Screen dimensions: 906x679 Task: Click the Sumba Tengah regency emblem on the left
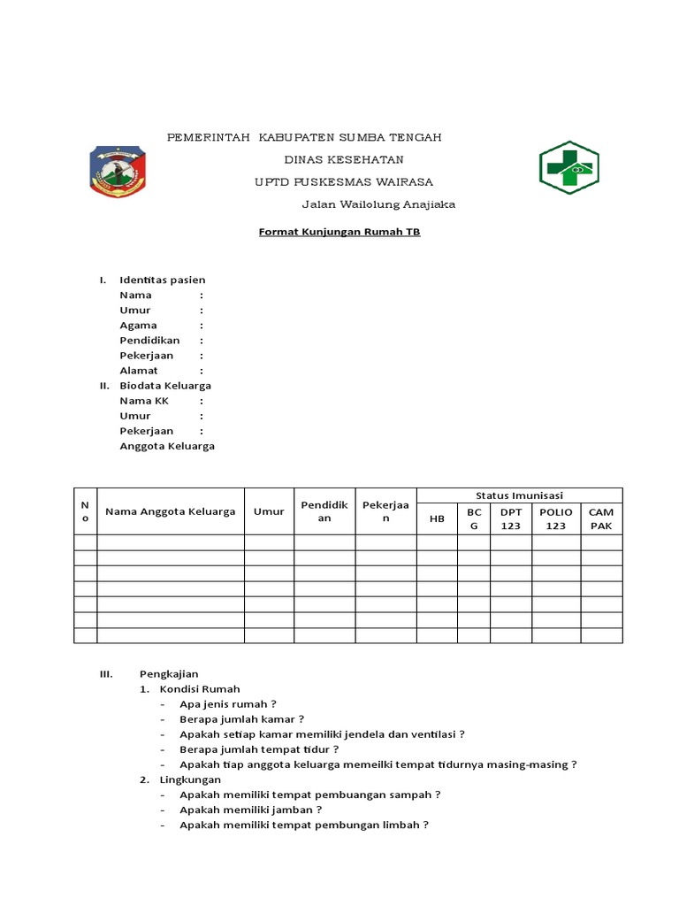pos(118,171)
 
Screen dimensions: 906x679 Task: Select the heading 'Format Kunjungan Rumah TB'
pos(339,233)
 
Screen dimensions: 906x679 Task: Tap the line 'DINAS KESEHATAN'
pos(343,159)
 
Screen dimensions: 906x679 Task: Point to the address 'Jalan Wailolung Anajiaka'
pos(378,204)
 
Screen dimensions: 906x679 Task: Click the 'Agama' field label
pos(139,325)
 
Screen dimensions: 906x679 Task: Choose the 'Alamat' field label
pos(139,371)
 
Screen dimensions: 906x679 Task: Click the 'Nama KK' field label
pos(144,401)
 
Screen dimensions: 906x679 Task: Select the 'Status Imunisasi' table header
pos(519,495)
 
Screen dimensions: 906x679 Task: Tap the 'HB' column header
pos(437,519)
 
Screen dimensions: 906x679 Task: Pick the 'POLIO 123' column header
pos(555,518)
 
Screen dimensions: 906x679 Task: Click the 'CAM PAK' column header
pos(601,518)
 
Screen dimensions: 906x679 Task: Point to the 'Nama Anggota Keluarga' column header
pos(170,511)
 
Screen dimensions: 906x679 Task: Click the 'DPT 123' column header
pos(511,518)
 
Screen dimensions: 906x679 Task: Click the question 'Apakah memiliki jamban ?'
pos(250,810)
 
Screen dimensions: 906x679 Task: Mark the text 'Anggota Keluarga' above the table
pos(167,446)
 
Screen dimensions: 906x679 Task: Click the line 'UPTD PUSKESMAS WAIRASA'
pos(343,181)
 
